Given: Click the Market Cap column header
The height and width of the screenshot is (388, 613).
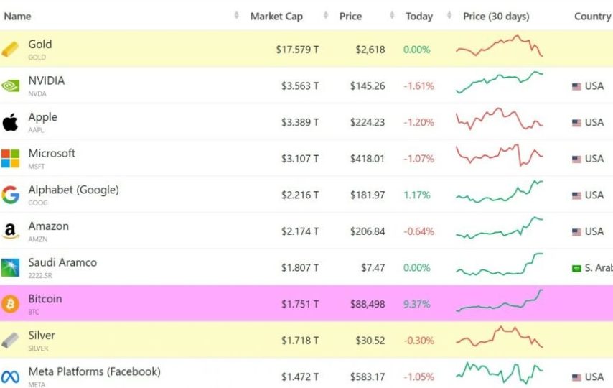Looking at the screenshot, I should coord(276,17).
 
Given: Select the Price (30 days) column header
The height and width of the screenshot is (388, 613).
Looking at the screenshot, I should coord(496,17).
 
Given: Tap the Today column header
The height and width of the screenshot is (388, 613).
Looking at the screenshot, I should coord(418,17).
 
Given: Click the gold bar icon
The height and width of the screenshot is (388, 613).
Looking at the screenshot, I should coord(10,50).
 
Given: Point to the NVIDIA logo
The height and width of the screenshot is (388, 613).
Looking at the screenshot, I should coord(10,86).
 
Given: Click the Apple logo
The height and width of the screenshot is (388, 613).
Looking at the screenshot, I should coord(10,122).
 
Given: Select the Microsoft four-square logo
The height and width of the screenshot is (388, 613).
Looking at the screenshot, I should coord(10,158).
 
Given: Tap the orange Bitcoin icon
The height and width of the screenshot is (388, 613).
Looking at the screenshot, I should coord(10,304).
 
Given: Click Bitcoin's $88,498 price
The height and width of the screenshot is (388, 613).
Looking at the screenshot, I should coord(367,304).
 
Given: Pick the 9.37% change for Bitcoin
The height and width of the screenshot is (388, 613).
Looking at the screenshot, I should coord(416,304).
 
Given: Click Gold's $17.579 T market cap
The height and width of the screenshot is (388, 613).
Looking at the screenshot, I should coord(297,50).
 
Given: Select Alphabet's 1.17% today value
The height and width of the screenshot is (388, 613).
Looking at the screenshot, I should coord(416,195).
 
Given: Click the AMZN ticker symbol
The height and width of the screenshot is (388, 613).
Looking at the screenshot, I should coord(37,239).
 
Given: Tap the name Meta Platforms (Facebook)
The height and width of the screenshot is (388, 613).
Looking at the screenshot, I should coord(94,371).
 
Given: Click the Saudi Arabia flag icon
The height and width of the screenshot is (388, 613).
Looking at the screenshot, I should coord(576,268).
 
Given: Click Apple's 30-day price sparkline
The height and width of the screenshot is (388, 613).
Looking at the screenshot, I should coord(500,119).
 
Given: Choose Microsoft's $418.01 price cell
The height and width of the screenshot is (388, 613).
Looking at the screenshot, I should coord(367,158).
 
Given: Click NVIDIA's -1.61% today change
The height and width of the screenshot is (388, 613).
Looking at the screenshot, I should coord(418,86).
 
